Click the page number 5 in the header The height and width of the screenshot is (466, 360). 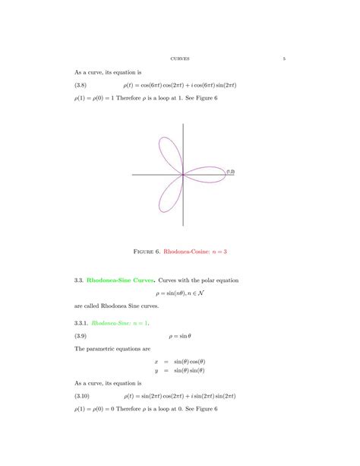click(x=283, y=59)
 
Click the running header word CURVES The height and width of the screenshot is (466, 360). click(x=180, y=59)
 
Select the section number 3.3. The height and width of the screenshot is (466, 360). click(x=79, y=280)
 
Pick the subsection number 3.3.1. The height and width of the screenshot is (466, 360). click(x=84, y=322)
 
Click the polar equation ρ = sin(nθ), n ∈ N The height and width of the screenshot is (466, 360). click(x=181, y=293)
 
